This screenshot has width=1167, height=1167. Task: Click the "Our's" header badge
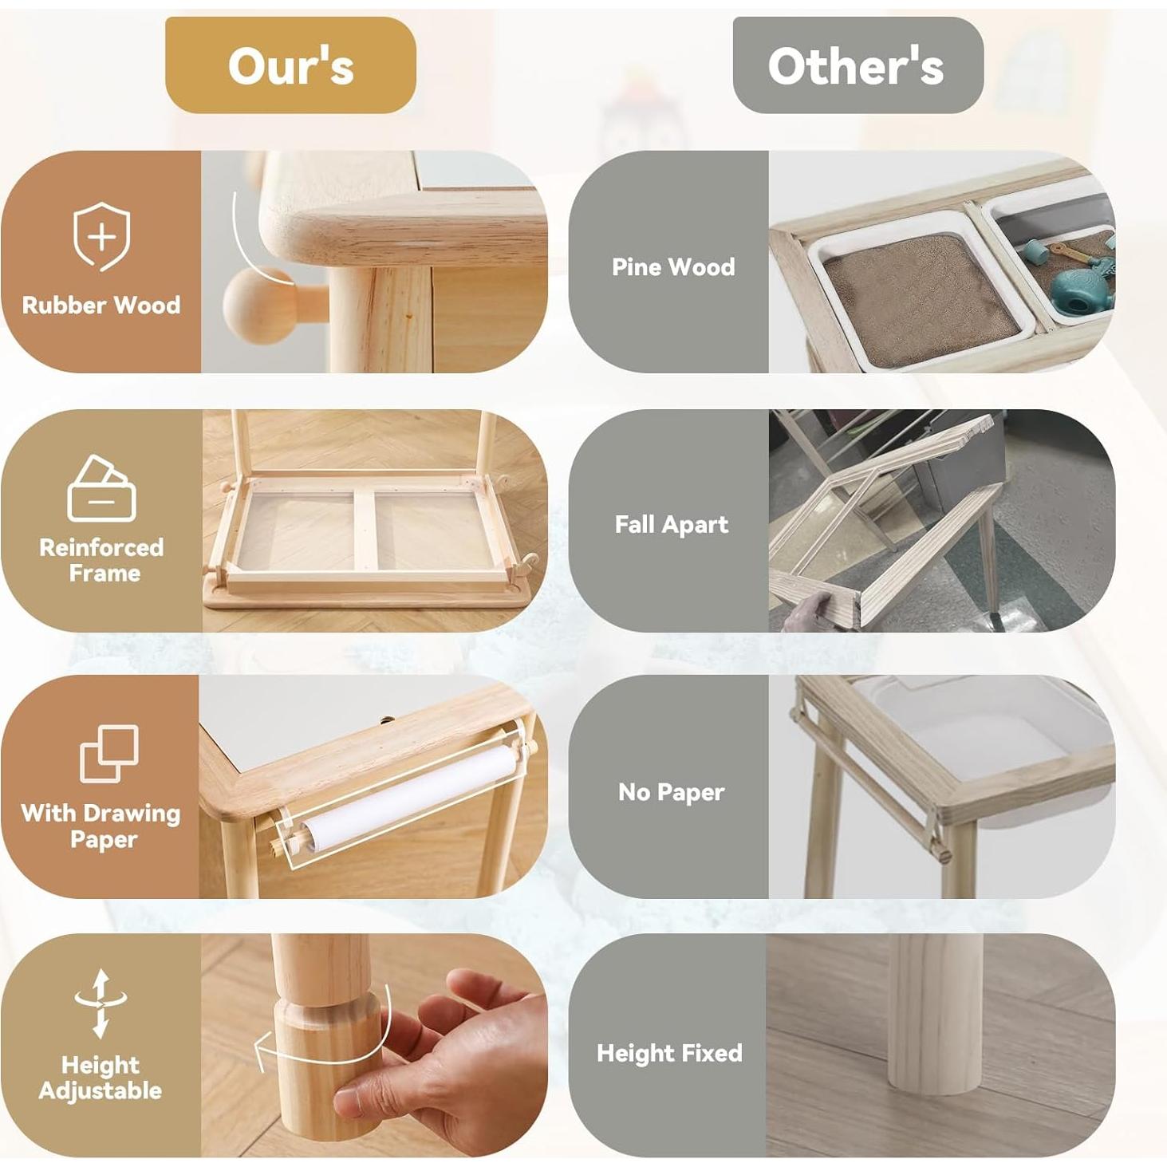click(x=290, y=65)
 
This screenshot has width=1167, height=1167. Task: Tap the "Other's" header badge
click(x=857, y=65)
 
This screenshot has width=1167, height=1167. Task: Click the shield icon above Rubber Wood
click(x=101, y=237)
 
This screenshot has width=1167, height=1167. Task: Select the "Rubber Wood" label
click(x=101, y=305)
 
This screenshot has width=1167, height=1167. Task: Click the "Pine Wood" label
click(x=673, y=266)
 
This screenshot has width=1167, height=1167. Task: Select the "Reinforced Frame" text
click(x=101, y=560)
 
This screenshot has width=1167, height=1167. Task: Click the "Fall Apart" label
click(x=672, y=524)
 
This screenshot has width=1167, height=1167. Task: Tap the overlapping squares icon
click(x=109, y=753)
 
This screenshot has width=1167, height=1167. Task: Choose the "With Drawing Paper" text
click(x=101, y=826)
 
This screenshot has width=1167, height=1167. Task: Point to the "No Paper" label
click(x=672, y=791)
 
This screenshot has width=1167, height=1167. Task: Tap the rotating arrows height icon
click(x=101, y=1003)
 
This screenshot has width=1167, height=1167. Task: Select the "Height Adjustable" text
click(x=101, y=1078)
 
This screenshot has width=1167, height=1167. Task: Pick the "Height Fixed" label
click(x=669, y=1053)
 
